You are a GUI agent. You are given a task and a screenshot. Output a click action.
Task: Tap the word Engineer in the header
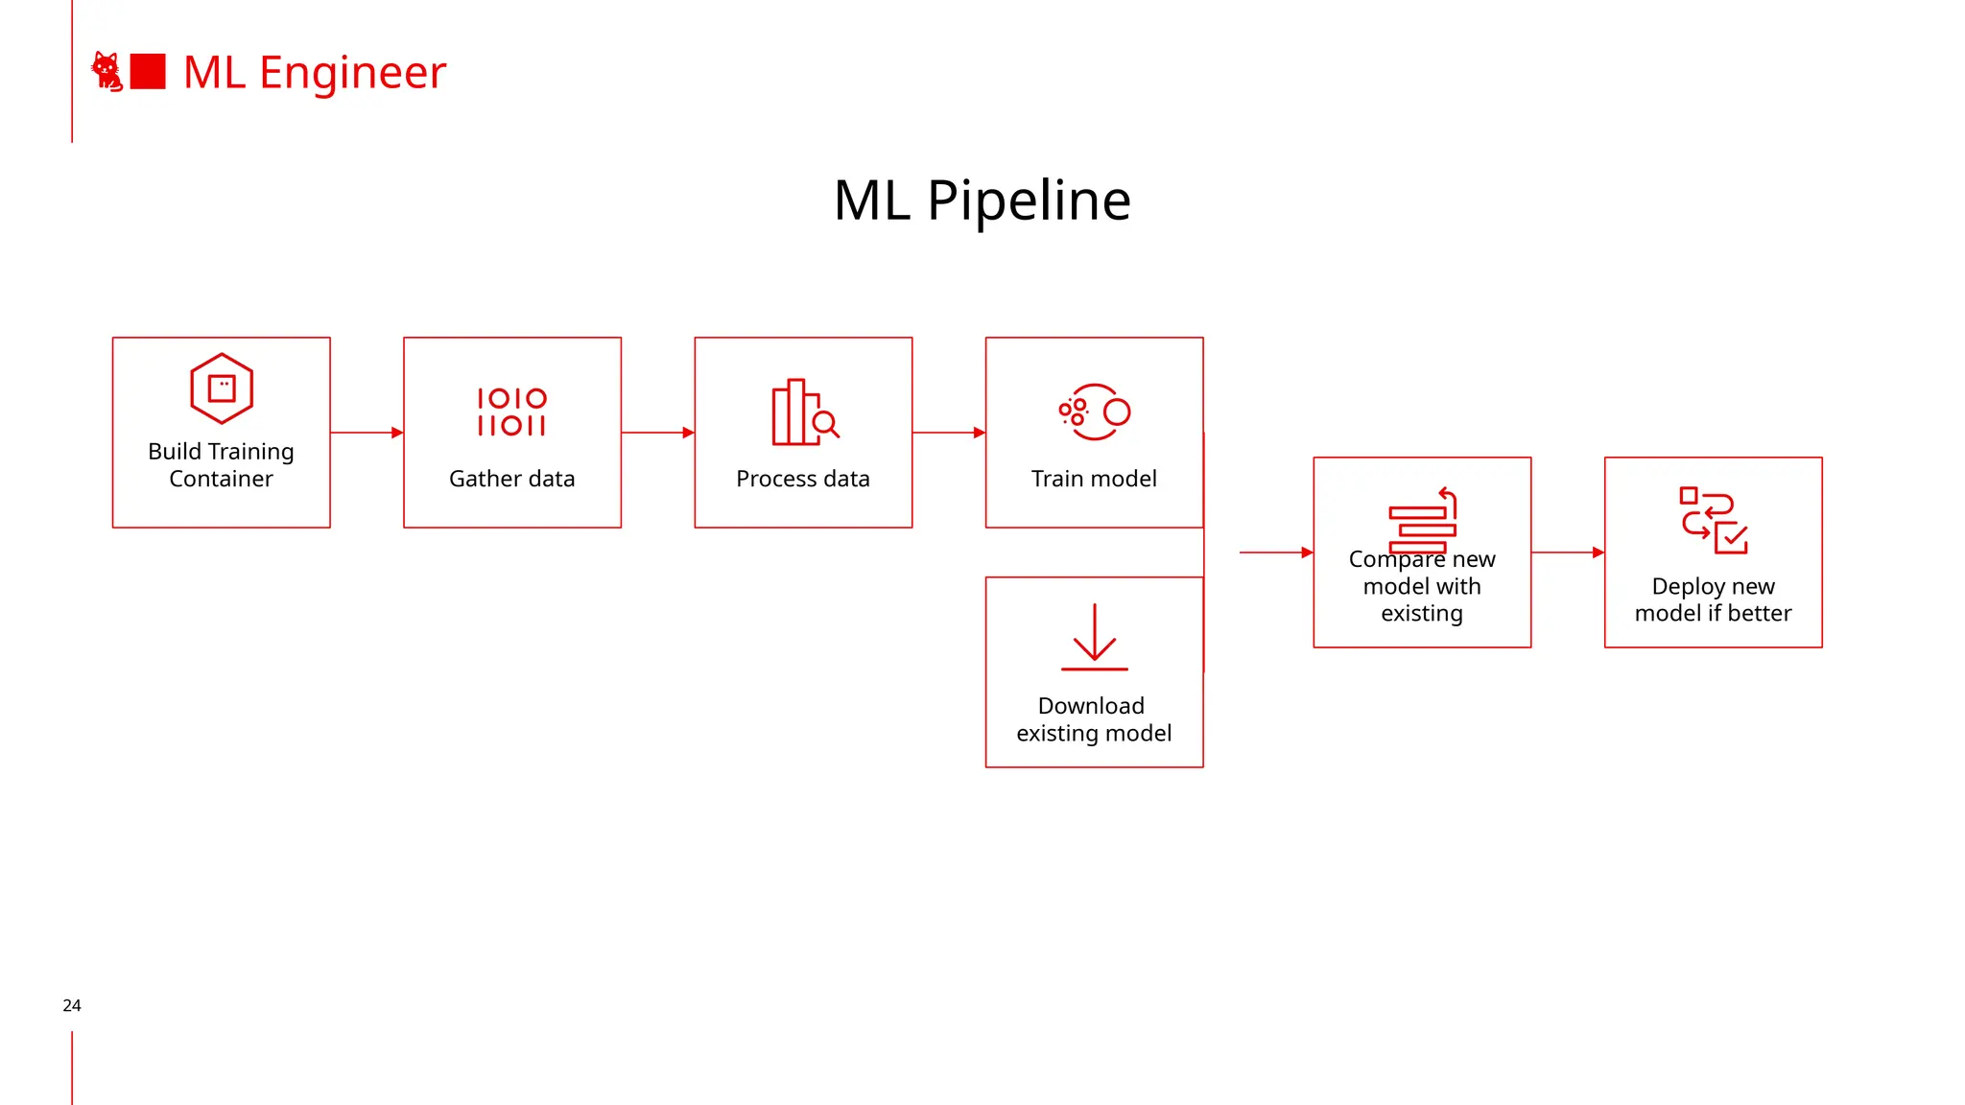(352, 74)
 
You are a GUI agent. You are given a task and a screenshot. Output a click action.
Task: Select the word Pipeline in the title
(1029, 200)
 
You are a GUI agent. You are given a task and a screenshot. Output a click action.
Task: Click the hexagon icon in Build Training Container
(222, 388)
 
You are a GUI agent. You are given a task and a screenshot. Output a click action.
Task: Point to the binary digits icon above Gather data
(511, 411)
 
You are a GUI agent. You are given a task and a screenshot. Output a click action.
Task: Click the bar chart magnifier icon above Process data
(804, 412)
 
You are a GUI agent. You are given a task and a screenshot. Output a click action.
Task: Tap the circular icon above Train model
(1095, 412)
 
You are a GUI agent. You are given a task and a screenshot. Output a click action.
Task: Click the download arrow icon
(1094, 637)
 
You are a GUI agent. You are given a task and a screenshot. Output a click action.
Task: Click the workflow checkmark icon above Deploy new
(1714, 521)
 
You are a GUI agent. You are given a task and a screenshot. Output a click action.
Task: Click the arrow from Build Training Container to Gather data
(367, 433)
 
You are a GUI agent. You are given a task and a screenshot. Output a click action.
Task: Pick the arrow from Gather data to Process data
(657, 433)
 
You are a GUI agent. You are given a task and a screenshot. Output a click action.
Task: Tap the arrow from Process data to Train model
(948, 433)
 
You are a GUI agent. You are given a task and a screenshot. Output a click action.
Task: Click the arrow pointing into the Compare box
(1276, 552)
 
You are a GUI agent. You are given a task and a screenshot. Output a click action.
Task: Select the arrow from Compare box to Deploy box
(1567, 552)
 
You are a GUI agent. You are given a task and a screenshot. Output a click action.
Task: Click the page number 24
(72, 1005)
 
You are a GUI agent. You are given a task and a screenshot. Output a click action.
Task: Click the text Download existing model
(1094, 719)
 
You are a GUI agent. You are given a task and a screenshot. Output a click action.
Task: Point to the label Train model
(1094, 479)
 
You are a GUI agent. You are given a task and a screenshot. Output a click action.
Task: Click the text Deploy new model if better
(1713, 600)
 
